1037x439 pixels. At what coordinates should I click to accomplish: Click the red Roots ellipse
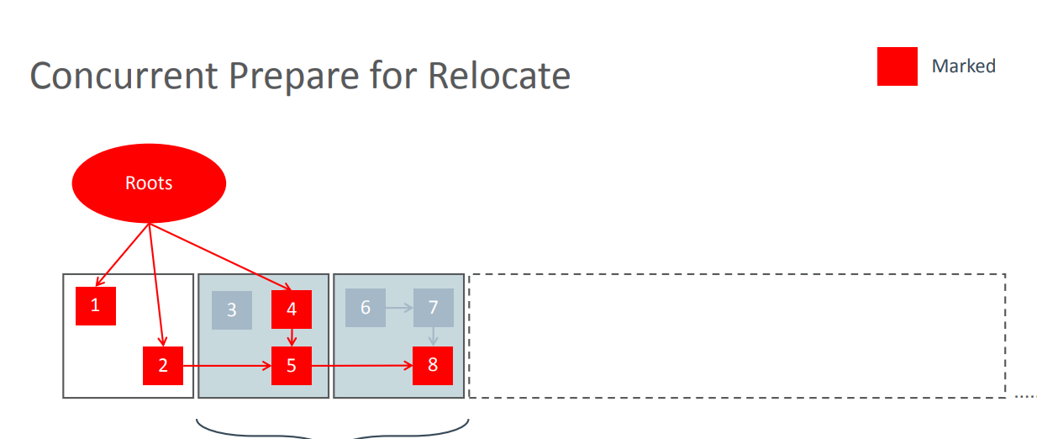coord(149,183)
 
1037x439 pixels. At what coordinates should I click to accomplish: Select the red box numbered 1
coord(95,305)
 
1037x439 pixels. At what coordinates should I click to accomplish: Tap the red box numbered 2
coord(163,366)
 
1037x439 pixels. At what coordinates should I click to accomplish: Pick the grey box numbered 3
coord(232,309)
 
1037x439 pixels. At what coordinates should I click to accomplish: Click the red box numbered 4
coord(292,309)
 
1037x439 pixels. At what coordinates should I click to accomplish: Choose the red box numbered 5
coord(292,366)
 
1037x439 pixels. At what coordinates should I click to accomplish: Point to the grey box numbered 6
coord(366,308)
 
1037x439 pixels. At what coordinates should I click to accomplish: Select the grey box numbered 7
coord(433,308)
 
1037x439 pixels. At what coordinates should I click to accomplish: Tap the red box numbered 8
coord(433,366)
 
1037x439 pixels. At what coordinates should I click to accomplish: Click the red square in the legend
coord(897,66)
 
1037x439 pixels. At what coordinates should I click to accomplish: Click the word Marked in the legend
coord(963,66)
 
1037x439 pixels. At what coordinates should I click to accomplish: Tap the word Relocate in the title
coord(499,77)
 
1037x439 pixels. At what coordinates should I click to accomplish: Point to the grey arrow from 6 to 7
coord(399,308)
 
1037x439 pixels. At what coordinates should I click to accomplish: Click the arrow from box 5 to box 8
coord(361,366)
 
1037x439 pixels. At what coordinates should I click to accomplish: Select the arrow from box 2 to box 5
coord(227,366)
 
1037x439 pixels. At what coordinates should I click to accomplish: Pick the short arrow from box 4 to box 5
coord(292,337)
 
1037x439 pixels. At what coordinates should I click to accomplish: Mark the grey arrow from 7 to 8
coord(433,336)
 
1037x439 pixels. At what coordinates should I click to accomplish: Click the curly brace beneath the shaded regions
coord(332,431)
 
